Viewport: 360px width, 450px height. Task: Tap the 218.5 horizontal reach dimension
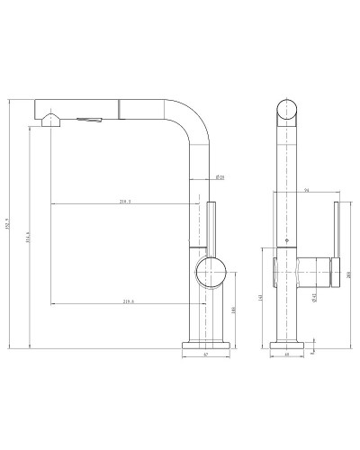click(125, 202)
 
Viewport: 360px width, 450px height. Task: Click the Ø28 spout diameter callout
click(220, 176)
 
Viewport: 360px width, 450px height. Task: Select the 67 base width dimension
click(206, 355)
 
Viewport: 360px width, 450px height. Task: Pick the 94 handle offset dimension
click(307, 190)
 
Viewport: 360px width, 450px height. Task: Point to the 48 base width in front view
click(286, 355)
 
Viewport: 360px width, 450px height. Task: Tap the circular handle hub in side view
click(211, 269)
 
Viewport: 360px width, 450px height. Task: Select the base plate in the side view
click(206, 343)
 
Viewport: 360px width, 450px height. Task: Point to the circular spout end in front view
click(286, 112)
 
